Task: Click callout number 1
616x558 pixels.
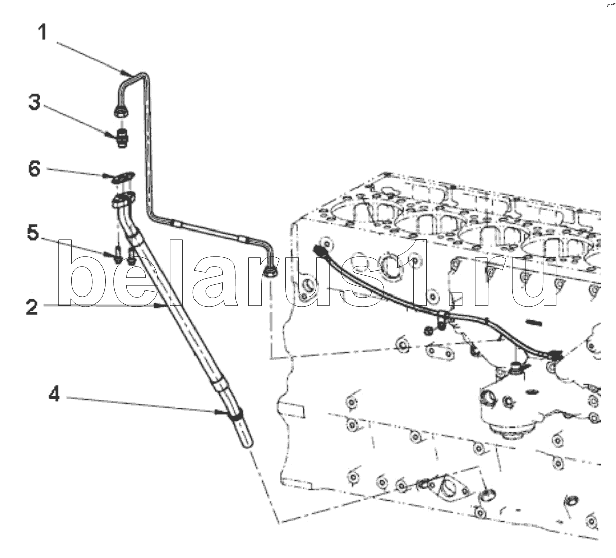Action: pos(43,32)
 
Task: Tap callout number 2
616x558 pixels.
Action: pos(32,307)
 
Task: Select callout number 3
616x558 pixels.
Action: pos(35,102)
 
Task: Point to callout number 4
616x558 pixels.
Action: pos(54,395)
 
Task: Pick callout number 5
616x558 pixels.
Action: pos(33,233)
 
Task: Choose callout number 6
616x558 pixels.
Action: pos(35,169)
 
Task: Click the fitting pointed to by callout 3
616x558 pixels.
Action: pos(122,139)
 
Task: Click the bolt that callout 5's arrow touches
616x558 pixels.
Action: pos(118,254)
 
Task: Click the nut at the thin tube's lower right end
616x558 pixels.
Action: pos(271,272)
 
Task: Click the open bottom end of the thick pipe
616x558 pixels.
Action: pos(248,444)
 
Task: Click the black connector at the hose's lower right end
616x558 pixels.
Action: pos(554,355)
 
